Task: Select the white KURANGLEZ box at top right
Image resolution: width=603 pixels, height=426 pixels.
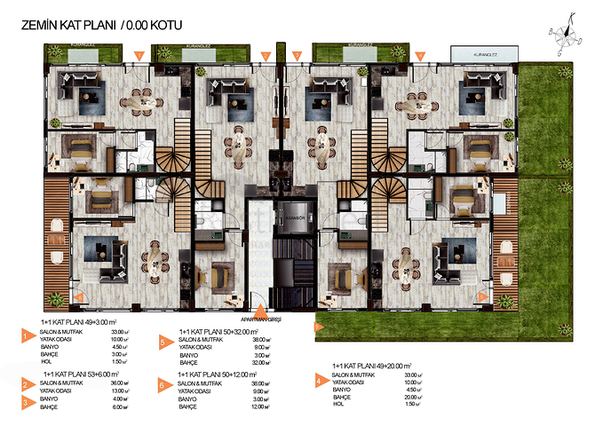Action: coord(481,54)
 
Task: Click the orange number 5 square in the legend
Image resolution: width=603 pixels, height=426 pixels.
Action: coord(163,341)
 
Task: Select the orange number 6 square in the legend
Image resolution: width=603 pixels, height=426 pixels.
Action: coord(163,384)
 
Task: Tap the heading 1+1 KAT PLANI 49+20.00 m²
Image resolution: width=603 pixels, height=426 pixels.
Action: coord(372,366)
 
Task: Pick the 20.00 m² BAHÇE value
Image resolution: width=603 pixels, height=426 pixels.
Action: coord(409,397)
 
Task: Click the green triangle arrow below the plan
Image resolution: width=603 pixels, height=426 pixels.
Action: coord(317,326)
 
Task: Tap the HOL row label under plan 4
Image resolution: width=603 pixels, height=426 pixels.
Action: coord(337,405)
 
